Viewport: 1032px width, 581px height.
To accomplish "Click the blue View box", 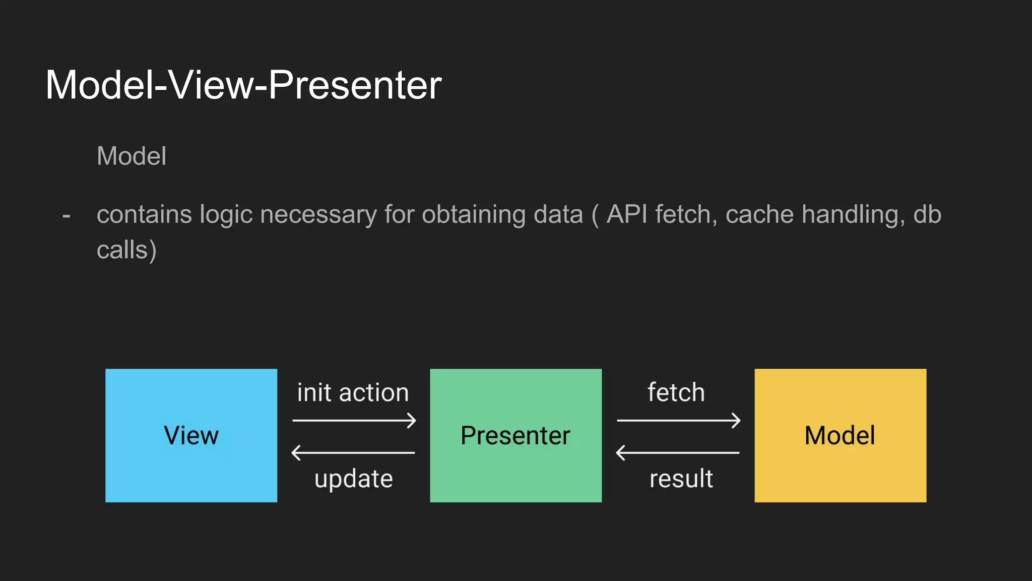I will click(x=191, y=435).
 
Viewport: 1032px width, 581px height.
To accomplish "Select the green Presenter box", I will click(x=515, y=435).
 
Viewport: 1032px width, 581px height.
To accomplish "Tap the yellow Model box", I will click(x=840, y=435).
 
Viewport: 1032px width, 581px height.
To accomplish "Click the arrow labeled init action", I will click(x=354, y=420).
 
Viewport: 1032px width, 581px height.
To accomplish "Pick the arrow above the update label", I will click(x=353, y=452).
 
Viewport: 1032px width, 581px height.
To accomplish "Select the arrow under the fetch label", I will click(x=679, y=420).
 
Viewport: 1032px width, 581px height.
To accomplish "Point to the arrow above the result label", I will click(x=678, y=452).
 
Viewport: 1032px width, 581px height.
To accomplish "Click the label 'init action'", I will click(x=353, y=392).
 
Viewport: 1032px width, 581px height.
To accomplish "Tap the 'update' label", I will click(x=353, y=479).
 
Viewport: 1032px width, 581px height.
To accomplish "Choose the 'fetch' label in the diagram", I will click(x=676, y=392).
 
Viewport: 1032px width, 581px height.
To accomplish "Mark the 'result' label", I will click(x=681, y=479).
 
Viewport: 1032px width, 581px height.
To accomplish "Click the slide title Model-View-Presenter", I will click(x=243, y=85).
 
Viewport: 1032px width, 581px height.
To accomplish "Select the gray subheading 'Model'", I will click(x=132, y=156).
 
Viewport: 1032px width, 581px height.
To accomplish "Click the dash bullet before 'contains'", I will click(x=66, y=216).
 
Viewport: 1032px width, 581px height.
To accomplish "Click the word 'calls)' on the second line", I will click(x=126, y=250).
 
